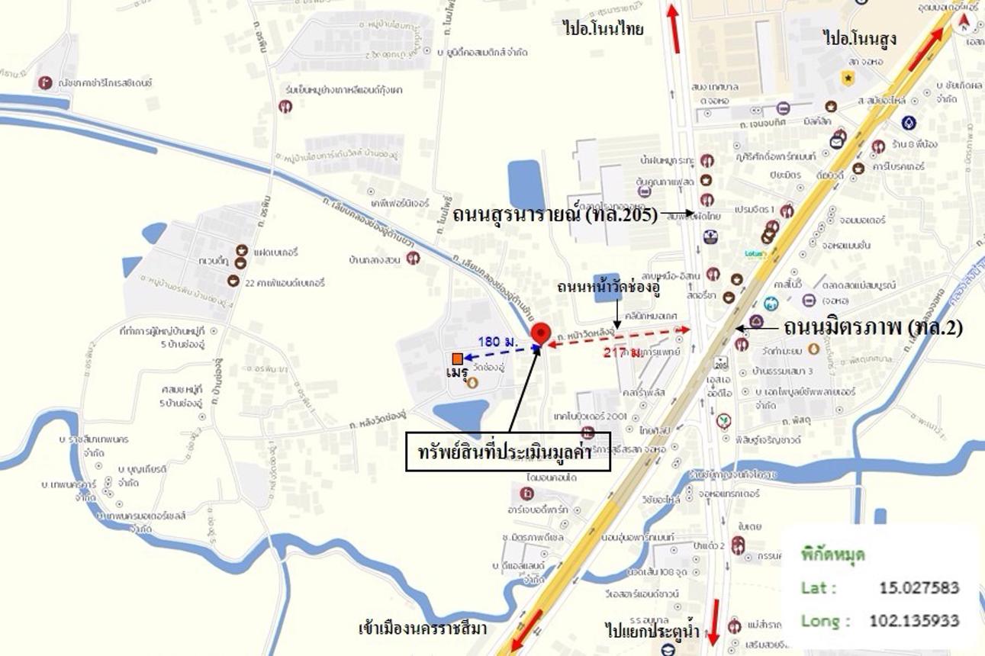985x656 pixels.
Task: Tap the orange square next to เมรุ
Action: pos(457,359)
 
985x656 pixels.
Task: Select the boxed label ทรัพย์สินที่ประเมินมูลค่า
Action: pos(508,452)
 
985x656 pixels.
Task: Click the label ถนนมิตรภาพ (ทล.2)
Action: pos(872,327)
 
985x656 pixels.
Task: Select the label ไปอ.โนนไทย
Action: pos(603,30)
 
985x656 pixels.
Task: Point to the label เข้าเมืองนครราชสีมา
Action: pos(423,629)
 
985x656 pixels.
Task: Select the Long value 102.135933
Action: pos(913,621)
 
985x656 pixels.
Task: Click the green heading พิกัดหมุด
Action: pos(832,555)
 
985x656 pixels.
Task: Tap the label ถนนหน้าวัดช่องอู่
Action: pos(608,288)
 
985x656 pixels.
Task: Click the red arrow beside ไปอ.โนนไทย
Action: pos(674,29)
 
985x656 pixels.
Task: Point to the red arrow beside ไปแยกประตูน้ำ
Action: pos(714,622)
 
